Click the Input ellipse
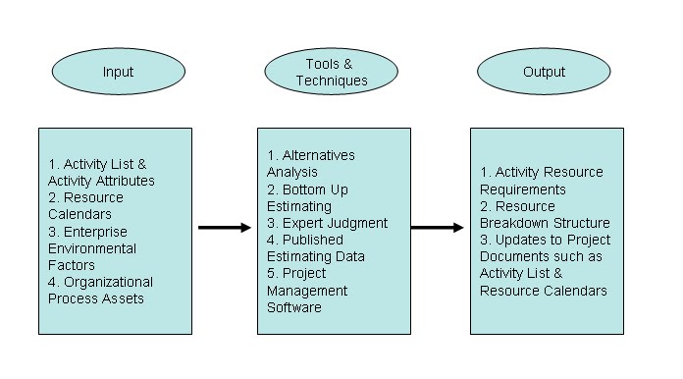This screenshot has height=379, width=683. coord(117,73)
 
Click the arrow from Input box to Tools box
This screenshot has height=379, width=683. coord(224,228)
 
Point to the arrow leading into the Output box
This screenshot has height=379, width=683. coord(437,228)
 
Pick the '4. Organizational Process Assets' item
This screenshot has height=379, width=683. coord(101,291)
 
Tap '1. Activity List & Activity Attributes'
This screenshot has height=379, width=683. coord(101,173)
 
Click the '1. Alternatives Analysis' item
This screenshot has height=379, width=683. coord(311,164)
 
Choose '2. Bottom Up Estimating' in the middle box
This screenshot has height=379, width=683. coord(307,197)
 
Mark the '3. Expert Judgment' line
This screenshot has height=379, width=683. coord(328,223)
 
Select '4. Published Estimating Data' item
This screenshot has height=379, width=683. coord(316,248)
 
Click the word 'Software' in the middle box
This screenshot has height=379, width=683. coord(294,307)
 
